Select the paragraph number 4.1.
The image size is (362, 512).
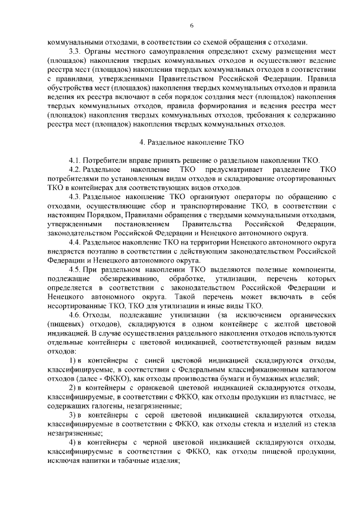pyautogui.click(x=75, y=160)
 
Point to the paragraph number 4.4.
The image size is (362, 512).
pyautogui.click(x=75, y=242)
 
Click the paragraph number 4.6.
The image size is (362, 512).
pyautogui.click(x=75, y=314)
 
